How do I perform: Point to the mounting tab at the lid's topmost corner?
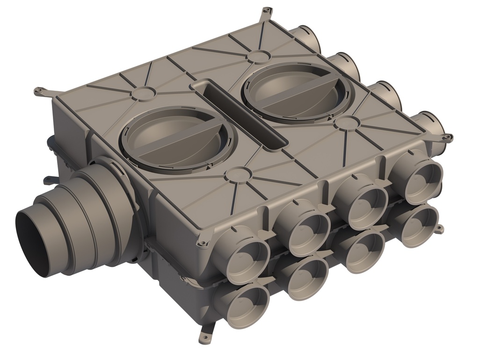click(x=267, y=11)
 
